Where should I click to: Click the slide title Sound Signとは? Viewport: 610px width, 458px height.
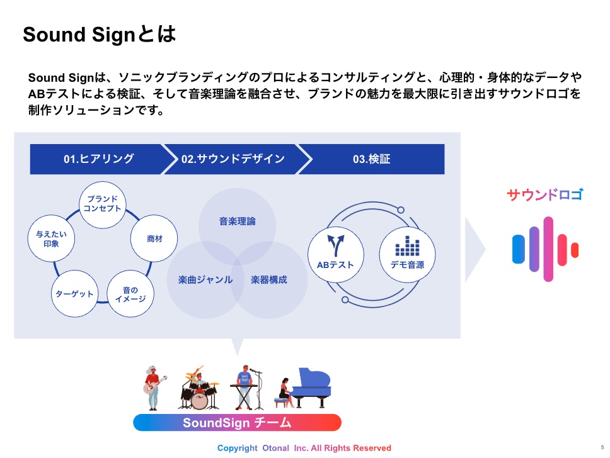click(99, 35)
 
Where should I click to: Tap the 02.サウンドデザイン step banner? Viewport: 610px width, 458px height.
click(233, 159)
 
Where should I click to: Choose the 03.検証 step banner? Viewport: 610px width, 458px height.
click(371, 159)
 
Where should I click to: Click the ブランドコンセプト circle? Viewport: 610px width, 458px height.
click(103, 203)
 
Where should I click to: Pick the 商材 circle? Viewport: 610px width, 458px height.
click(154, 239)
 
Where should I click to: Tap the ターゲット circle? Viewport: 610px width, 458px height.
click(74, 294)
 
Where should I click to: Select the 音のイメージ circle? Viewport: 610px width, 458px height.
click(130, 294)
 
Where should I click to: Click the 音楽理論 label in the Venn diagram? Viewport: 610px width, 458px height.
click(238, 221)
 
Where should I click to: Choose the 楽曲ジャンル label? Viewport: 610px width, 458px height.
click(201, 279)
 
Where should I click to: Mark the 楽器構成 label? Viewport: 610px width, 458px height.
click(269, 279)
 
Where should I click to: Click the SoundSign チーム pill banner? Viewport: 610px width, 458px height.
click(237, 422)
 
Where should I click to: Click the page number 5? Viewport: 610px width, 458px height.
click(602, 446)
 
